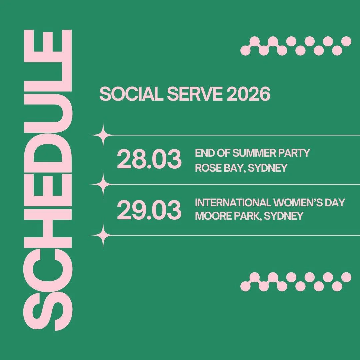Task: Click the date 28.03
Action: tap(149, 160)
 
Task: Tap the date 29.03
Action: tap(149, 210)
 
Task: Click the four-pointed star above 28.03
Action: tap(103, 135)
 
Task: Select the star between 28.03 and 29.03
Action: tap(103, 184)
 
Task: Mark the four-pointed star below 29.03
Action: tap(103, 235)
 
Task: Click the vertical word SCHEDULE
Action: tap(47, 180)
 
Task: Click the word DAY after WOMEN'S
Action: tap(332, 202)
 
